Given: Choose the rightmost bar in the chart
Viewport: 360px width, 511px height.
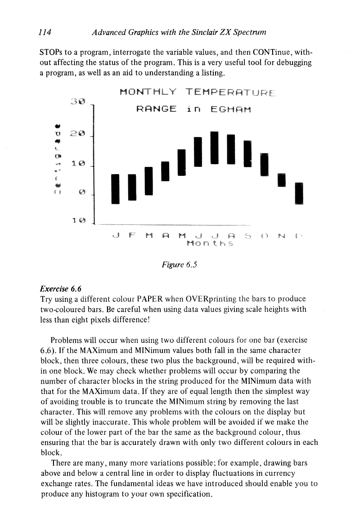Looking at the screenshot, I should [298, 193].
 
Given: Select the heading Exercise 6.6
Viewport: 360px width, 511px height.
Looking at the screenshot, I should [58, 288].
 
